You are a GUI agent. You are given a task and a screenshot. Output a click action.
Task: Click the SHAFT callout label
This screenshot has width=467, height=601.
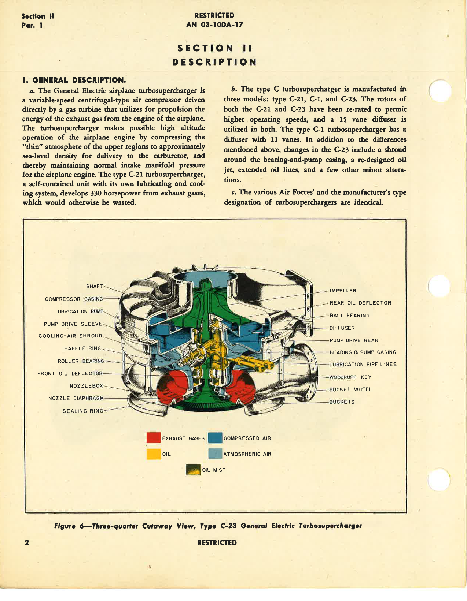tap(95, 286)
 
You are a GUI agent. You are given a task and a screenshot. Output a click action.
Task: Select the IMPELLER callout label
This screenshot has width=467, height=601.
tap(343, 291)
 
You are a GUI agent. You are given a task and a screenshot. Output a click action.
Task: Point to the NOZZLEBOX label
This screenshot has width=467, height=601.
tap(87, 386)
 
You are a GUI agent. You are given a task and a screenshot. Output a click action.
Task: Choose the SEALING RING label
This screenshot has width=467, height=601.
tap(83, 411)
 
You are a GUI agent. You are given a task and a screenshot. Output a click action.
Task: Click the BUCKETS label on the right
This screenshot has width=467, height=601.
tap(342, 402)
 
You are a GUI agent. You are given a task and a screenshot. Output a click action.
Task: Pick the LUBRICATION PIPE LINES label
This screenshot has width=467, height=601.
tap(363, 365)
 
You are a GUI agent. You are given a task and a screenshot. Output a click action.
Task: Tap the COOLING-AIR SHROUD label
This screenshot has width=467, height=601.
tap(70, 336)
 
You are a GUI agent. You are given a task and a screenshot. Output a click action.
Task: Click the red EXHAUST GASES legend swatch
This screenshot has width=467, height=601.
tap(153, 438)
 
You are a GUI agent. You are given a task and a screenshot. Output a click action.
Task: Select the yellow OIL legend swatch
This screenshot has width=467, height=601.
tap(153, 454)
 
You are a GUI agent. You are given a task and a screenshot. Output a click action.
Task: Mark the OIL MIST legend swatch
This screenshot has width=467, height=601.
tap(193, 470)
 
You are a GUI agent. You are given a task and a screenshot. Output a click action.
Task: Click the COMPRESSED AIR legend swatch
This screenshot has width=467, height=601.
tap(215, 438)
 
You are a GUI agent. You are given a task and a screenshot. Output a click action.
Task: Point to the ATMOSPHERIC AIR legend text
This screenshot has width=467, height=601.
tap(247, 454)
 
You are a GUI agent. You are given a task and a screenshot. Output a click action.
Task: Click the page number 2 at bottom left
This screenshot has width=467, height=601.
tap(27, 542)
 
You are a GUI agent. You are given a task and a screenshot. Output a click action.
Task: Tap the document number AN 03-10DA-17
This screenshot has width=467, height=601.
tap(214, 25)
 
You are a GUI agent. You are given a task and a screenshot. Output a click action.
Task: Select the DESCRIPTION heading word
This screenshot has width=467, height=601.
tap(214, 62)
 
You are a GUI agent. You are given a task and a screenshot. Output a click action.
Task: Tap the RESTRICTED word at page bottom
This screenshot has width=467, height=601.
tap(217, 543)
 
